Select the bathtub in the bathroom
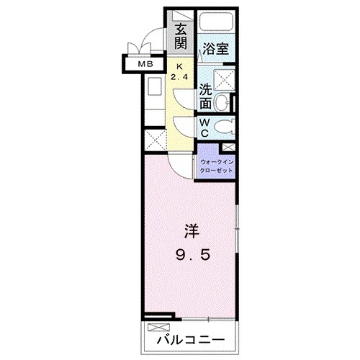click(216, 23)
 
